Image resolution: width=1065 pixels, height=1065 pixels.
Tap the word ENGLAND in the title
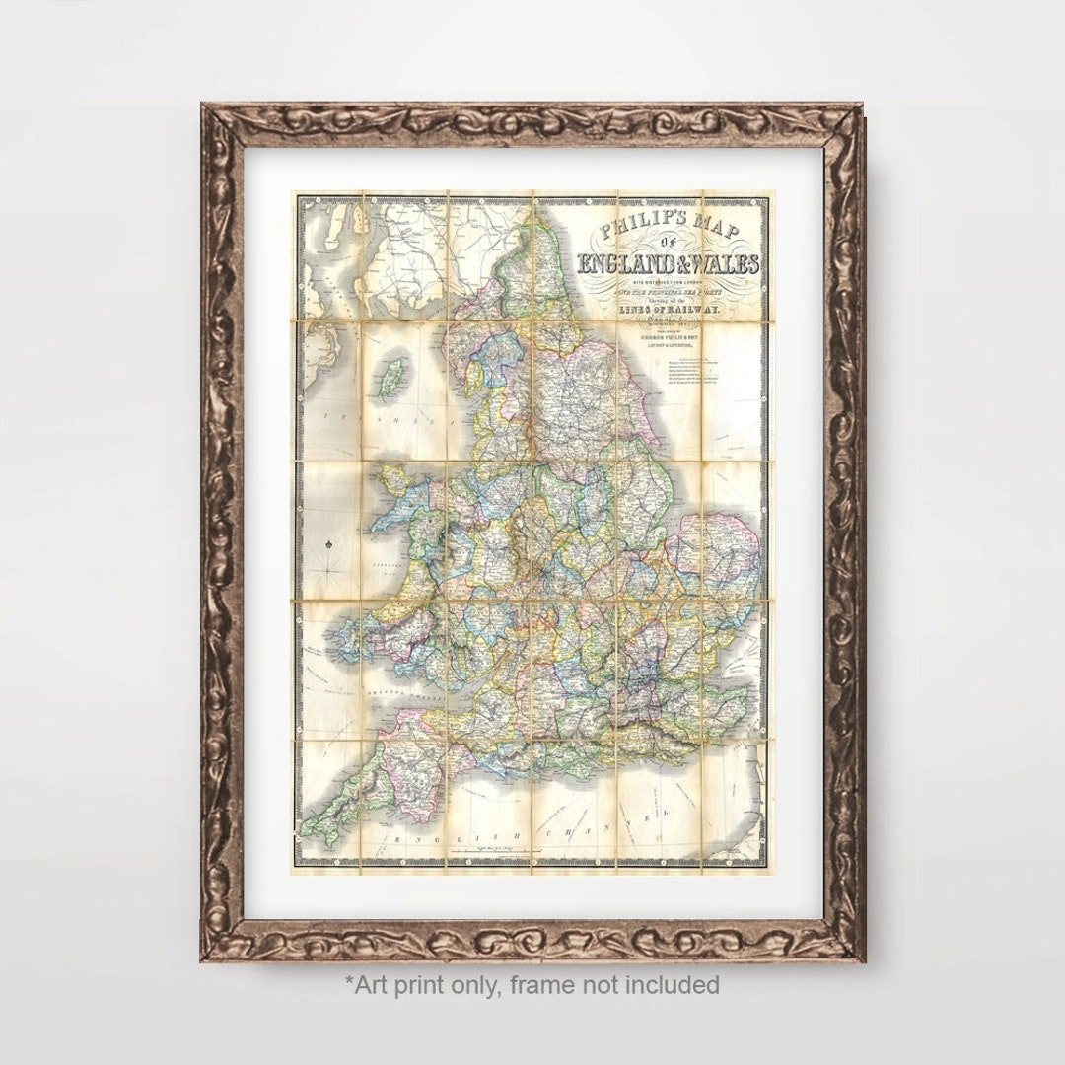click(x=626, y=265)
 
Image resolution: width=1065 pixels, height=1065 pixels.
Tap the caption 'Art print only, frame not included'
click(x=532, y=984)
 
